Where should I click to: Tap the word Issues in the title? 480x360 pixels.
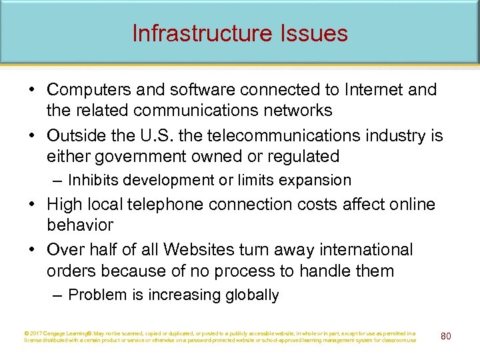click(315, 33)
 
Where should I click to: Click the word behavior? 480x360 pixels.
click(80, 225)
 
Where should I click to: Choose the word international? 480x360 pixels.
click(359, 250)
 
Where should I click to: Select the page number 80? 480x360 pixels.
click(445, 335)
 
